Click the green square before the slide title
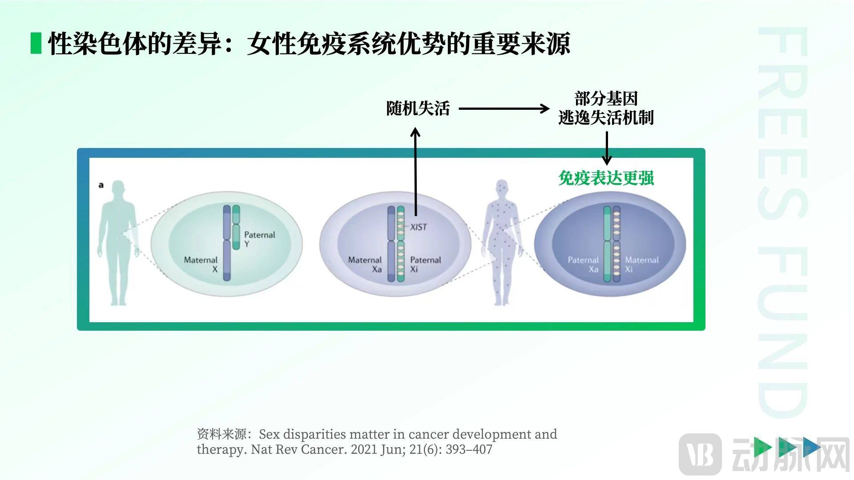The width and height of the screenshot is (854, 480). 36,44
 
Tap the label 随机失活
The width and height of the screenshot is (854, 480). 418,108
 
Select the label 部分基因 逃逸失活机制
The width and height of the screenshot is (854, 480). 606,108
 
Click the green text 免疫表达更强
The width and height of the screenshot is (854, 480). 606,178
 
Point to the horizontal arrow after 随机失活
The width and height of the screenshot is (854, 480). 504,108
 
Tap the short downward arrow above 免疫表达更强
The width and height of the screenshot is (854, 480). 606,148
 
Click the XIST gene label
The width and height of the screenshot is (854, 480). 418,227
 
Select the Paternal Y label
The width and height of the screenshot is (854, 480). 259,239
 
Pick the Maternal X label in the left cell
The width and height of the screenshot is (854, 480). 201,264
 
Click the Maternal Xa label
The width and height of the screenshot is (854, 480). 365,264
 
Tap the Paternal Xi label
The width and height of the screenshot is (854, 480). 425,264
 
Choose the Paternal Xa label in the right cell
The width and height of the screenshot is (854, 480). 583,264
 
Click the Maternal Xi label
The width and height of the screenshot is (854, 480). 641,264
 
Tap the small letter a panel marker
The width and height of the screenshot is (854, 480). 101,185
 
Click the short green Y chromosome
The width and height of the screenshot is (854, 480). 236,227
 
